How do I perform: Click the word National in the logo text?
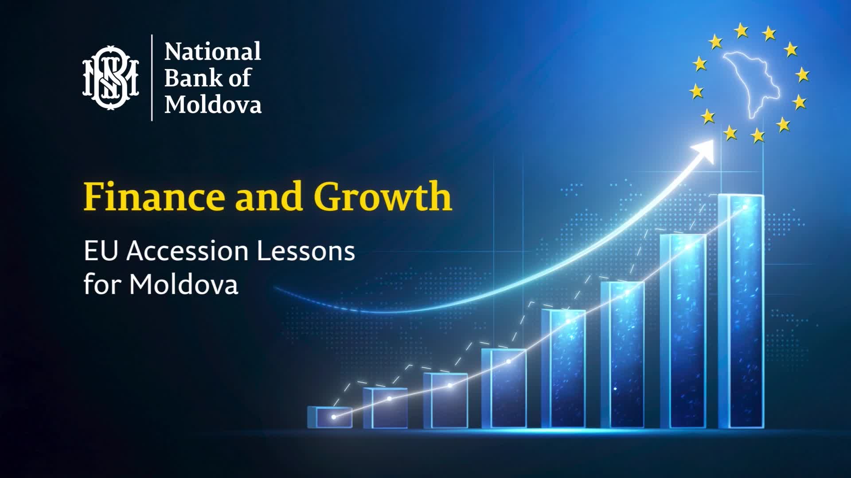pos(213,52)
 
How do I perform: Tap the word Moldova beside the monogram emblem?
pos(213,105)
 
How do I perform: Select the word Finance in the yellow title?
pos(153,197)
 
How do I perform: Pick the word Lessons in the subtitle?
pos(306,251)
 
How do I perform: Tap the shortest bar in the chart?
pos(330,417)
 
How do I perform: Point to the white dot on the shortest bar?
pos(334,417)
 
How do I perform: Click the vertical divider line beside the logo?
pos(152,77)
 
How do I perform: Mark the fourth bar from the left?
pos(504,388)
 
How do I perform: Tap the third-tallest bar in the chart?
pos(623,354)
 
